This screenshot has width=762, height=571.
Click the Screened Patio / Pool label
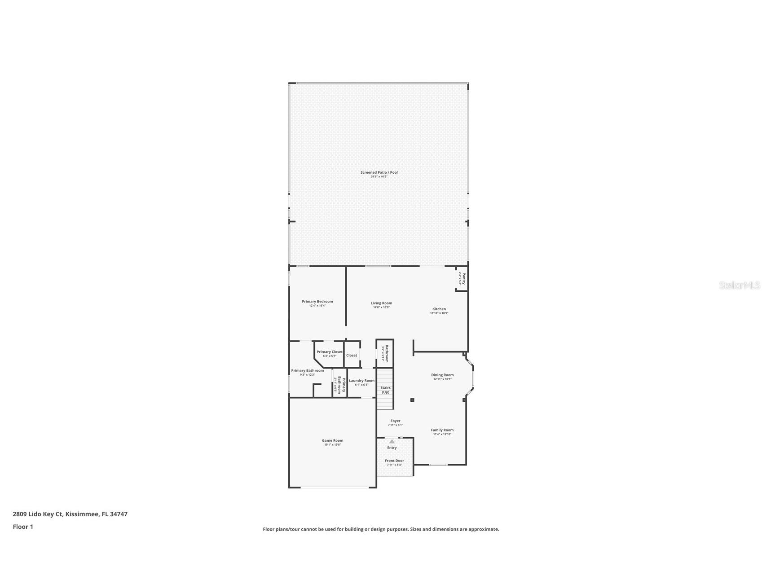click(x=379, y=172)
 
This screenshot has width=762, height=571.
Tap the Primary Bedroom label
click(x=317, y=302)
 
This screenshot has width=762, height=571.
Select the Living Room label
click(x=381, y=303)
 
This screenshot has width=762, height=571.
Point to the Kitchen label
click(x=439, y=309)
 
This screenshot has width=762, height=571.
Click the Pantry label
click(x=464, y=279)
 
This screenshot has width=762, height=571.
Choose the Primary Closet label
click(x=330, y=352)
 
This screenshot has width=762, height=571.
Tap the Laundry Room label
click(x=361, y=381)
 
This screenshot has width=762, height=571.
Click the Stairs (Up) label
click(x=385, y=390)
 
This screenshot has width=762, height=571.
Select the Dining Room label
click(x=442, y=375)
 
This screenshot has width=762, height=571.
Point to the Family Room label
click(x=442, y=430)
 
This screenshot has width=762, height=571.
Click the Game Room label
click(x=332, y=440)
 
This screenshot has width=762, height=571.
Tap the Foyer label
click(x=395, y=421)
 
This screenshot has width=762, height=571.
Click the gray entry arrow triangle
click(x=392, y=442)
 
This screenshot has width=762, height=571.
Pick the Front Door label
click(x=394, y=461)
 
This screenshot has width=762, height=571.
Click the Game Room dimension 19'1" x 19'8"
click(x=332, y=445)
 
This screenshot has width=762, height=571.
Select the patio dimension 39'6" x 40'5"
click(x=379, y=177)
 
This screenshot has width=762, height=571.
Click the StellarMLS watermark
click(x=739, y=285)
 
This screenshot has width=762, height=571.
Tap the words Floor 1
click(x=23, y=527)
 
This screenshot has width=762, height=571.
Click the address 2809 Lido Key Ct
click(x=38, y=514)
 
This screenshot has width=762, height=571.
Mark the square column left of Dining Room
click(x=412, y=400)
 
